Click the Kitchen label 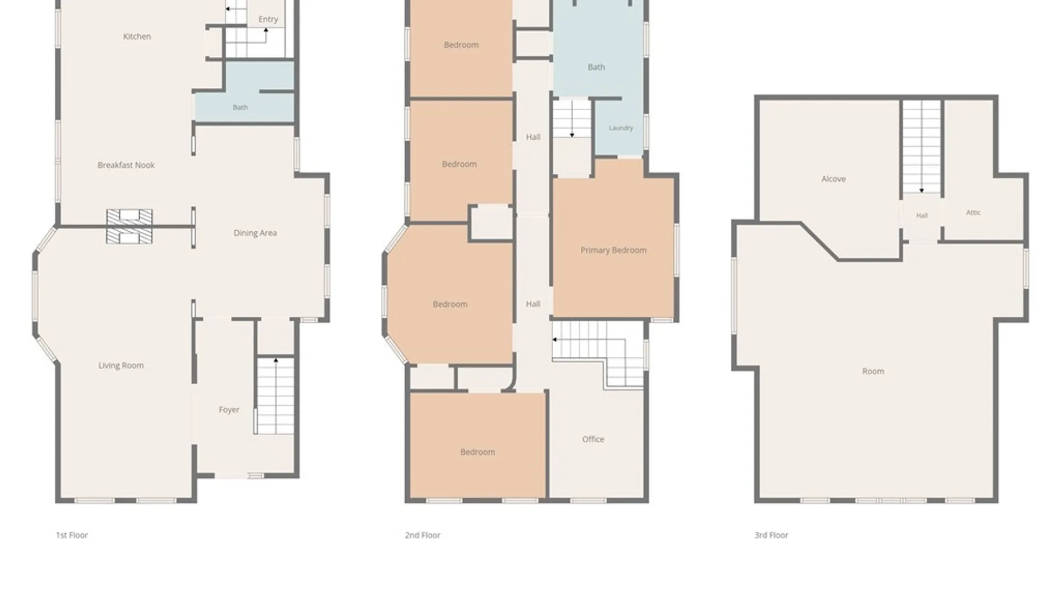pos(137,36)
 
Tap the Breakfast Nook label pos(126,165)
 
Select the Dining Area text pos(255,233)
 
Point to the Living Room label pos(121,365)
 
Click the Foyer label pos(229,409)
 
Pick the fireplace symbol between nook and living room pos(129,226)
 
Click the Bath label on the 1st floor pos(240,108)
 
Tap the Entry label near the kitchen pos(268,19)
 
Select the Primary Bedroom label pos(613,251)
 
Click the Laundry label pos(621,128)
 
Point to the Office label pos(593,439)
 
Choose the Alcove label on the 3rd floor pos(834,179)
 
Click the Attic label pos(973,212)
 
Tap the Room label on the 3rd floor pos(873,371)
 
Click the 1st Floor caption pos(72,535)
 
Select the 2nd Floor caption pos(423,535)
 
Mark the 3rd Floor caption pos(771,535)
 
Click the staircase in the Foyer pos(275,395)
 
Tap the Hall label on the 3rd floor pos(922,216)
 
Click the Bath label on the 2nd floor pos(596,67)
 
